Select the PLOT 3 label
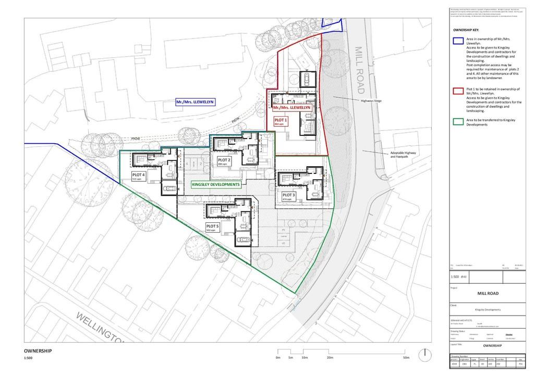pyautogui.click(x=289, y=196)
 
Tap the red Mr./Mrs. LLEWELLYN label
pyautogui.click(x=292, y=107)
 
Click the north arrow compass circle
pyautogui.click(x=426, y=354)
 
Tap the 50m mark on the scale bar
pyautogui.click(x=407, y=358)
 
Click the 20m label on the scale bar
pyautogui.click(x=330, y=358)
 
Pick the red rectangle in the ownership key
pyautogui.click(x=458, y=92)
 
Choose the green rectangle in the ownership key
pyautogui.click(x=458, y=123)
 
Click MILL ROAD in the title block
pyautogui.click(x=488, y=293)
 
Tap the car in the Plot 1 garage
pyautogui.click(x=307, y=79)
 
